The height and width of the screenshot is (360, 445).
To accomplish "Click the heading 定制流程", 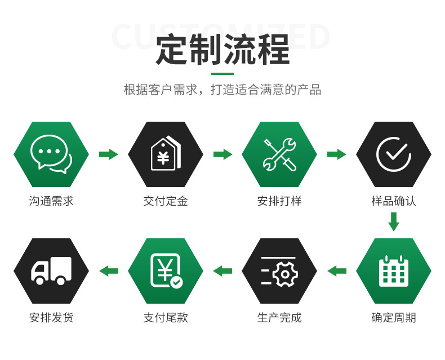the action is (222, 50).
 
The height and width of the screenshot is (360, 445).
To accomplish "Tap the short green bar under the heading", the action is (222, 74).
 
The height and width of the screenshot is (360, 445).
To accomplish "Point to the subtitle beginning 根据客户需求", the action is (222, 90).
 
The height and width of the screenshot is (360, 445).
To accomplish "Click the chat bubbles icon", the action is (51, 154).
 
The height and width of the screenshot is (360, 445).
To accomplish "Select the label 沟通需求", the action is (51, 201).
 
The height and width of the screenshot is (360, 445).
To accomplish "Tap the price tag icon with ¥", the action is (166, 154).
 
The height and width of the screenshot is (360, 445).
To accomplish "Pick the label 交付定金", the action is (166, 201).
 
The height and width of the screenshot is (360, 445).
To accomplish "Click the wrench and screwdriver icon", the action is (279, 154).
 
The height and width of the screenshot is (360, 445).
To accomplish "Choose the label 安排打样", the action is (279, 201).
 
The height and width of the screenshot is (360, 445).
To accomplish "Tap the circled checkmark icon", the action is (394, 154).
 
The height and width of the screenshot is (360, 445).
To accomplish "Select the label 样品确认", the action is (394, 201).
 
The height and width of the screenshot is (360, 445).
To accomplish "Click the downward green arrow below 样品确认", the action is (394, 221).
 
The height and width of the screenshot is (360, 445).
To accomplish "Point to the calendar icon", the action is (394, 271).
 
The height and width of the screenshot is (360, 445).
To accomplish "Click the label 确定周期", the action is (394, 318).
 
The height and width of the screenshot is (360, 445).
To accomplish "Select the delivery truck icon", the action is (51, 271).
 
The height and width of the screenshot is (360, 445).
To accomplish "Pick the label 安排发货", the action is (51, 318).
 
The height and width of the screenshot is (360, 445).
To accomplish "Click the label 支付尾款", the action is (166, 318).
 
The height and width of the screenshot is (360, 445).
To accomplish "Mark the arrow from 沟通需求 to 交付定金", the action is (108, 154).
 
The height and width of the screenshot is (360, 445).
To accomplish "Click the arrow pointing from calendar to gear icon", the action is (337, 271).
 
